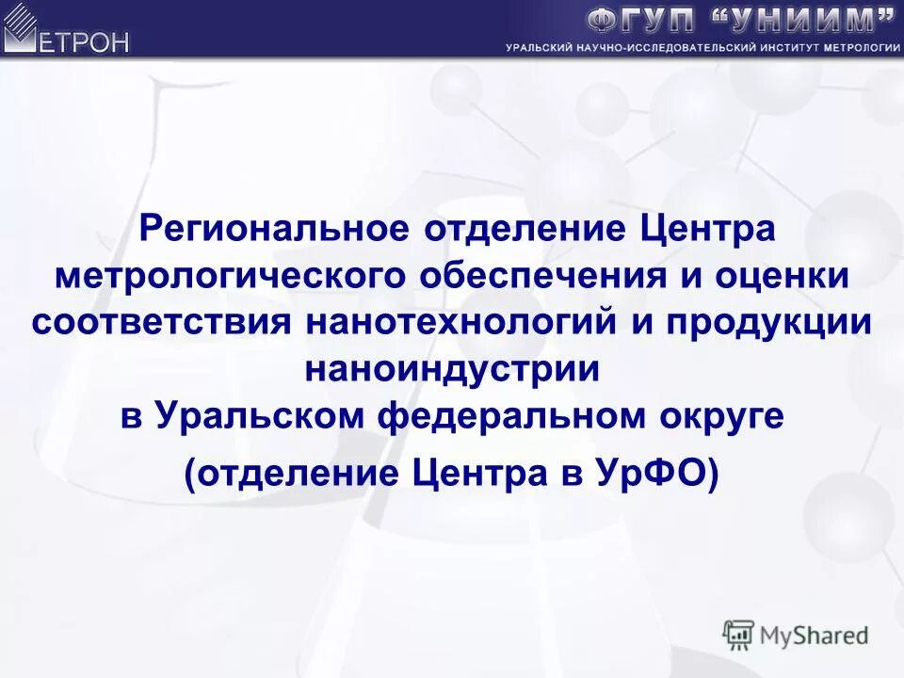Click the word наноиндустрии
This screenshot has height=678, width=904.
coord(452,368)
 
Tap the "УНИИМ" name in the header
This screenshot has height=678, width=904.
coord(800,20)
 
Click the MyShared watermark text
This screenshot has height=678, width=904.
coord(814,635)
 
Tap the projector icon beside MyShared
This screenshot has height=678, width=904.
coord(738,635)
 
